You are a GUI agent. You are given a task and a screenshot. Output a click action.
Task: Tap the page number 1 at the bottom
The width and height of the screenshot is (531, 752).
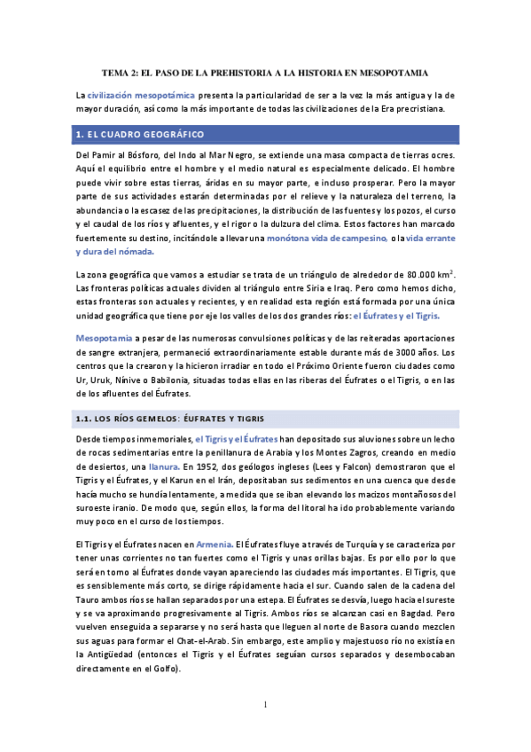pos(264,705)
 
